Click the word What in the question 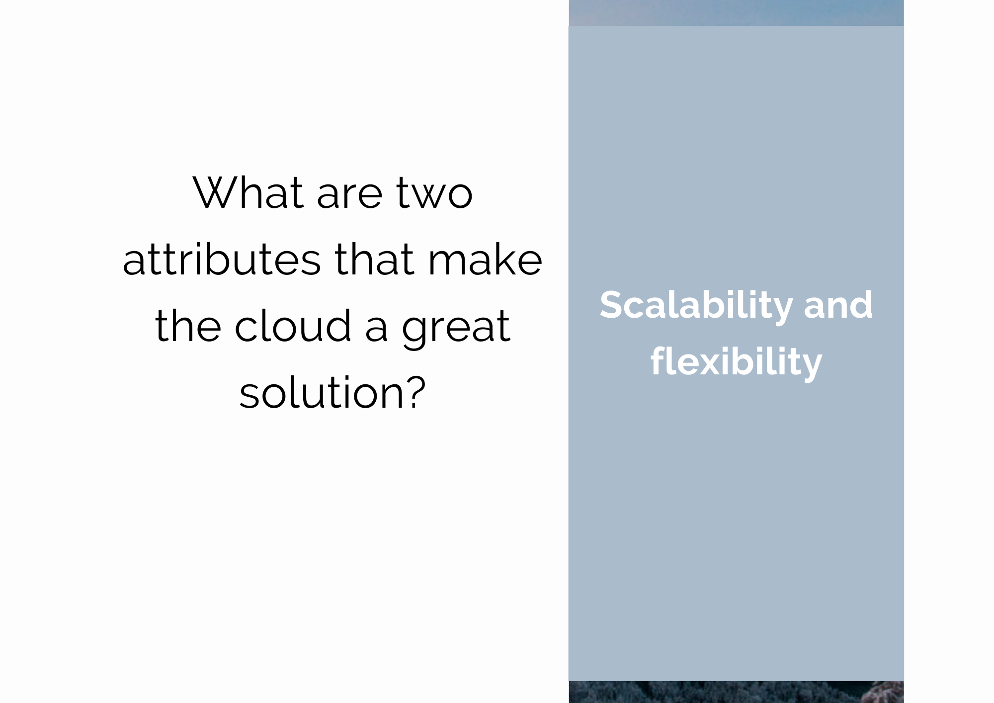(248, 192)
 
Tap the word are (350, 196)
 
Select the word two (434, 194)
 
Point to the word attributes (222, 260)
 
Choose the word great (456, 328)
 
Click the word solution (322, 392)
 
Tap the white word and (838, 305)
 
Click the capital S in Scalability (612, 304)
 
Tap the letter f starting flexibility (659, 360)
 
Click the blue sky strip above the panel (736, 13)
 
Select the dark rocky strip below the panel (736, 692)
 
